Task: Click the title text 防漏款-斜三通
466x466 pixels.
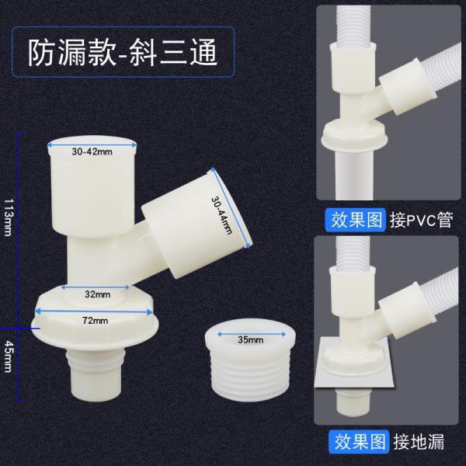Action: pos(123,52)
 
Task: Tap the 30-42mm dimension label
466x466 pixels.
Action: pos(92,152)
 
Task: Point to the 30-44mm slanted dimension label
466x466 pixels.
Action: pos(221,214)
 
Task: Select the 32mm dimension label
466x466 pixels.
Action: pos(97,294)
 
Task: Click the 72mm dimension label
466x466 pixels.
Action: pos(95,320)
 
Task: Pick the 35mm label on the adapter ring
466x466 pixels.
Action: pos(251,339)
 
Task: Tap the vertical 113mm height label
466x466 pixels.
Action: pos(8,217)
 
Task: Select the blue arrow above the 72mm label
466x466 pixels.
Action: pos(94,311)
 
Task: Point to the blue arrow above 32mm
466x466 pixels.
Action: pos(96,287)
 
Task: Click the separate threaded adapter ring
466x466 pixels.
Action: pos(250,360)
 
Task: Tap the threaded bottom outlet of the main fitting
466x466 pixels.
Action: pos(93,374)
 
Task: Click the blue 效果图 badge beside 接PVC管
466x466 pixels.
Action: pos(356,221)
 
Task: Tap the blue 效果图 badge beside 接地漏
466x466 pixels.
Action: pos(359,442)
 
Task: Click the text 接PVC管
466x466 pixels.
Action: pos(422,221)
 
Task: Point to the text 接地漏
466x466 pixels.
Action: pos(419,442)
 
